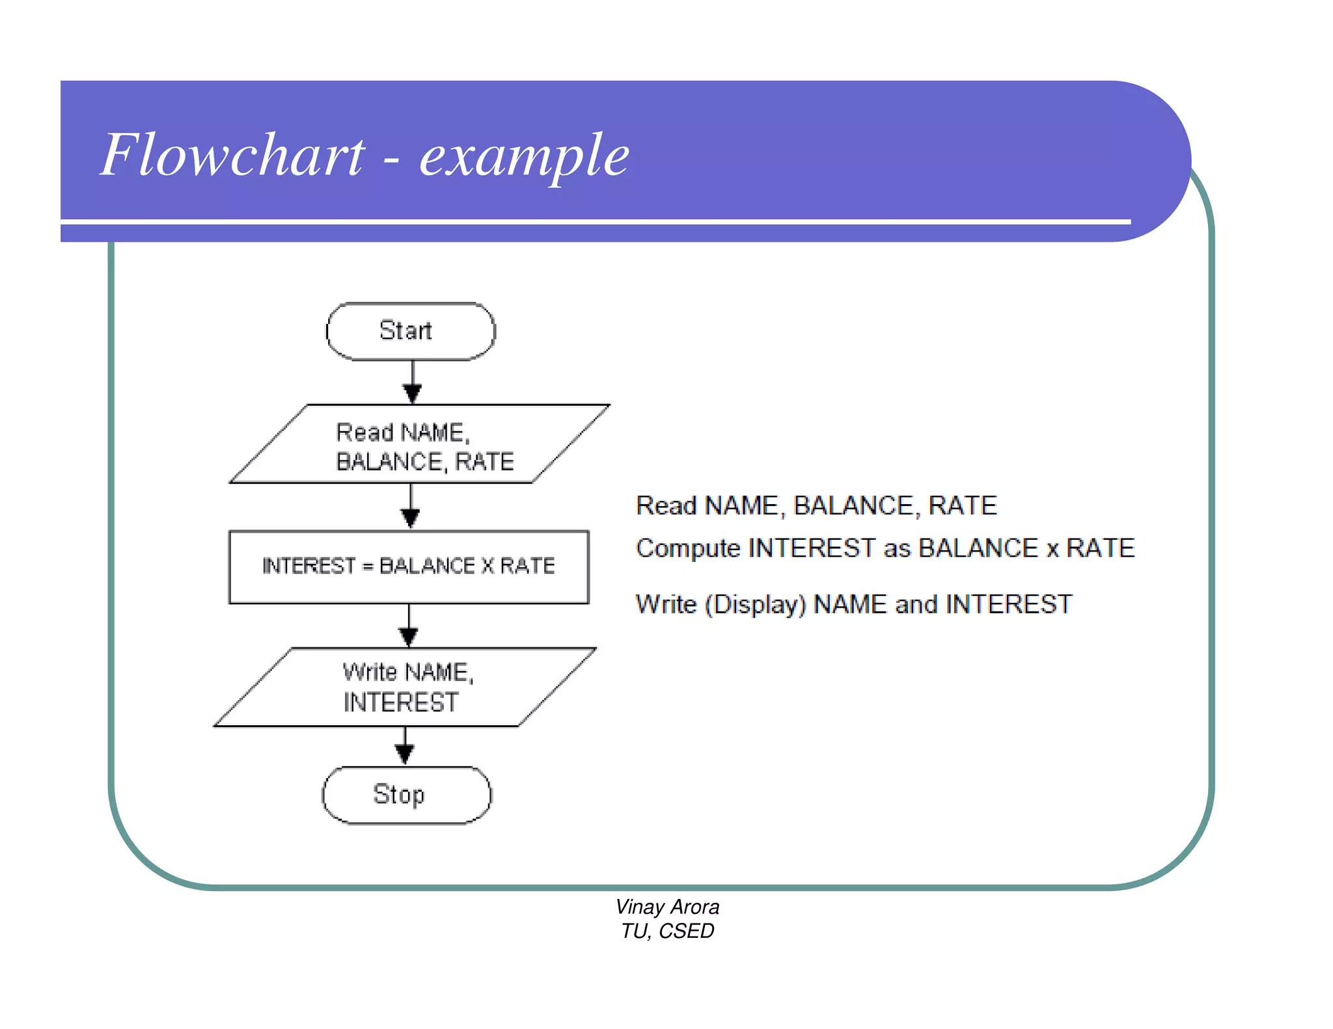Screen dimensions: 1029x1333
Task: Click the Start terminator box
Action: pos(410,331)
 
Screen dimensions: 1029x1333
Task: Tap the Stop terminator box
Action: pos(406,795)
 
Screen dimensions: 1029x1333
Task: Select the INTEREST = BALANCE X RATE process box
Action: pos(409,567)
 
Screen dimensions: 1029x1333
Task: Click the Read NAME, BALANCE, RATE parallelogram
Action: pos(420,445)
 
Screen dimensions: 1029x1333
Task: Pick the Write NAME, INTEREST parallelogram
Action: pos(405,687)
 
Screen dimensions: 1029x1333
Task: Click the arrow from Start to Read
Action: pos(413,382)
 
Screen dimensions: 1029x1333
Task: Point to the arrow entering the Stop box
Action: pos(405,747)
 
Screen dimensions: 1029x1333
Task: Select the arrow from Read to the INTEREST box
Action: pos(410,507)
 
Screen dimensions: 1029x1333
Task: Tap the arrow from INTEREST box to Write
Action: pos(409,626)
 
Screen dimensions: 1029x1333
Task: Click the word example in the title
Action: pos(524,156)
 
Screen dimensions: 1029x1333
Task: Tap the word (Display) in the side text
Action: pos(756,605)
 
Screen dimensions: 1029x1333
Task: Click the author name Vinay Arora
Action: pos(667,907)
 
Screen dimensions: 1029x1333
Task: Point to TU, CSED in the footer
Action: pos(667,931)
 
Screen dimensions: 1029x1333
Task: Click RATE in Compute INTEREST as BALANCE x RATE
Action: pos(1100,548)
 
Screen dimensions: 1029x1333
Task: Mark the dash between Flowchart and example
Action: pos(391,159)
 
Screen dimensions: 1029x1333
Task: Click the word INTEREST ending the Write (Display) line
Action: pos(1008,605)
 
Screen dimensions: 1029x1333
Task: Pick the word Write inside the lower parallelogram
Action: pos(369,672)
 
